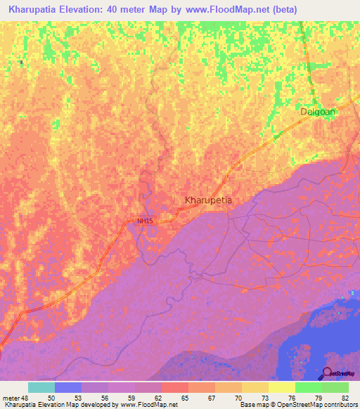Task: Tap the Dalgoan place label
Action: tap(318, 111)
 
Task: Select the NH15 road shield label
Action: tap(144, 221)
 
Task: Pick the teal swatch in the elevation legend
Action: tap(41, 387)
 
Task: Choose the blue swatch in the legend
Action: tap(68, 387)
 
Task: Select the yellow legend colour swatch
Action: tap(255, 387)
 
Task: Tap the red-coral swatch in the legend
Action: tap(175, 387)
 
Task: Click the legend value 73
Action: tap(264, 398)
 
